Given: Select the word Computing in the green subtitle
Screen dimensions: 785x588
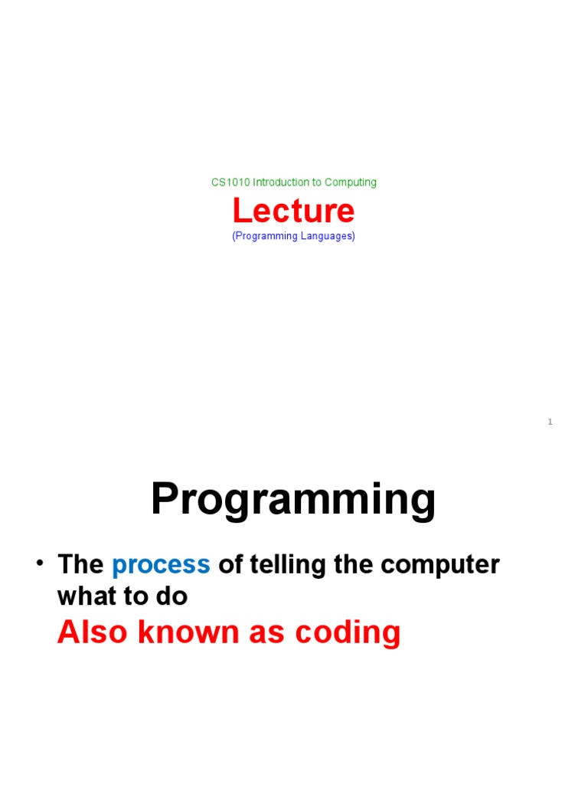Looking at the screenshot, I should pyautogui.click(x=351, y=182).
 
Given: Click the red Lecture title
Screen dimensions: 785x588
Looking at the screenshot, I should pyautogui.click(x=293, y=211).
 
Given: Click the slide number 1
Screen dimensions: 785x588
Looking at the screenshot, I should pyautogui.click(x=550, y=422).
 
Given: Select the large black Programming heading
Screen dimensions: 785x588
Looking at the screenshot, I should pyautogui.click(x=293, y=500).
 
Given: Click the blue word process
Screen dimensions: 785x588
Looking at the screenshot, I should pyautogui.click(x=161, y=565).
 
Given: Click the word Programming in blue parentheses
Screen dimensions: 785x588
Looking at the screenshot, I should pyautogui.click(x=266, y=236).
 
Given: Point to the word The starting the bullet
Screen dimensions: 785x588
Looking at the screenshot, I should pyautogui.click(x=80, y=565).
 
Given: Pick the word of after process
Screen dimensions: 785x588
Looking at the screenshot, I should pyautogui.click(x=230, y=565).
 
